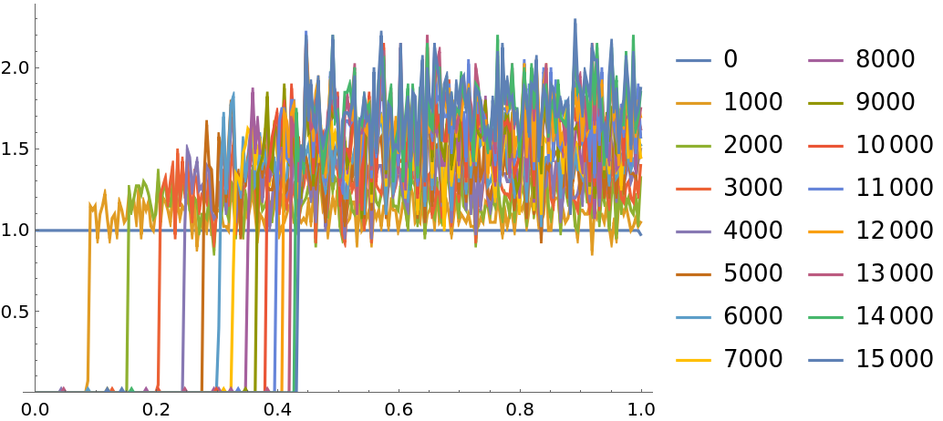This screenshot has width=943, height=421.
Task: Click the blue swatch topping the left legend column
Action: click(693, 61)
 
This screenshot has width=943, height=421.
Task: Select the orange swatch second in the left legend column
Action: click(693, 104)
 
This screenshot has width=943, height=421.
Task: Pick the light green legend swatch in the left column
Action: click(693, 147)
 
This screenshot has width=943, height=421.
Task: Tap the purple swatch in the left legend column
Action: click(693, 232)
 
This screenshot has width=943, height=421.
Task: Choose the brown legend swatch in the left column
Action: click(693, 275)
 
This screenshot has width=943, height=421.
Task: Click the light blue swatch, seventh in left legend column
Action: click(693, 318)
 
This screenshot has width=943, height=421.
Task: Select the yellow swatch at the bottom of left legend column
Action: click(693, 361)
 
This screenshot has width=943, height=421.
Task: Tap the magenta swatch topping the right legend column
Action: click(825, 61)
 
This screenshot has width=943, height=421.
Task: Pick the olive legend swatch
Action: click(825, 104)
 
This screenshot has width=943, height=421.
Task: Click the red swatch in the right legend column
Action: click(825, 147)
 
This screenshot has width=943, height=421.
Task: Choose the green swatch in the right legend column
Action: click(825, 318)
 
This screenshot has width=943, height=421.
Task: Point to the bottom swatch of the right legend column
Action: click(825, 361)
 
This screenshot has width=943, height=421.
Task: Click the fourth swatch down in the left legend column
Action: click(693, 190)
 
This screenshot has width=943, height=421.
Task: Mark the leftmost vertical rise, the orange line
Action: click(88, 301)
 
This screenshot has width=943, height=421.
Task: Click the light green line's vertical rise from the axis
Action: click(128, 301)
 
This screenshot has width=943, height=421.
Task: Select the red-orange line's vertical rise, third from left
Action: click(159, 301)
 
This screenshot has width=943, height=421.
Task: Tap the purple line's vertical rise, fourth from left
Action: click(184, 301)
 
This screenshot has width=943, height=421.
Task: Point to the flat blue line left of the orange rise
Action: click(60, 231)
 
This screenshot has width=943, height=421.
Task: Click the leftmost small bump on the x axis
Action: click(62, 389)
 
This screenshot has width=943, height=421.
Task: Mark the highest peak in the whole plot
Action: click(575, 20)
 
